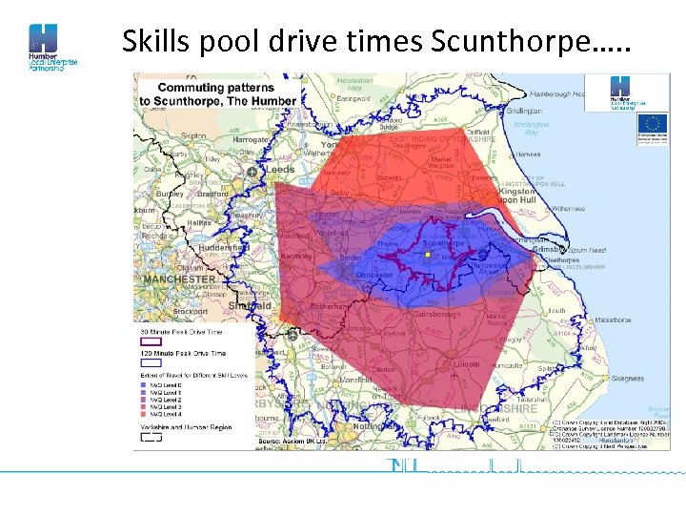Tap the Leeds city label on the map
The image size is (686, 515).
coord(280,170)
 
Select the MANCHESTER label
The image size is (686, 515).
coord(178,279)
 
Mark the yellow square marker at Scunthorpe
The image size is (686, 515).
coord(428,256)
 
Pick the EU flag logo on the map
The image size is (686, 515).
coord(653,124)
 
